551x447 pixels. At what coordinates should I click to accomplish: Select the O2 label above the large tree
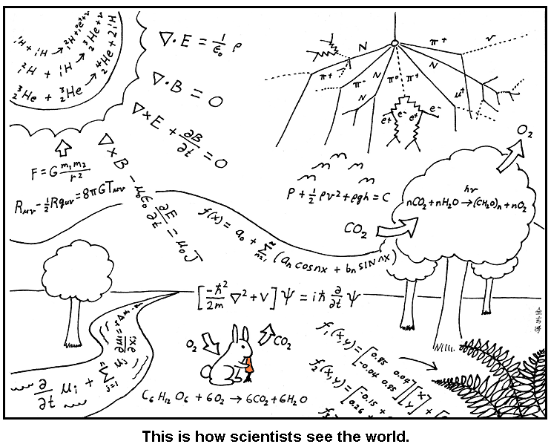[x=524, y=131]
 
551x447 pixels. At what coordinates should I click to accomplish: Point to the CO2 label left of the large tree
[x=357, y=231]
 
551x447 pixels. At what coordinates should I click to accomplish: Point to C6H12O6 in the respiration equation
[x=162, y=396]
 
